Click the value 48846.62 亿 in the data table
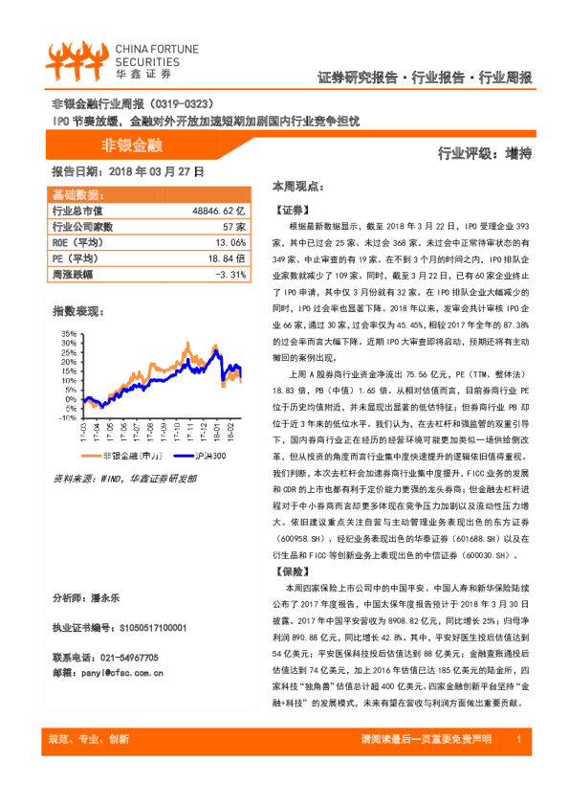[x=219, y=210]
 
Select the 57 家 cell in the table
[x=234, y=227]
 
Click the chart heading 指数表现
[x=76, y=310]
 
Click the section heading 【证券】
[x=292, y=209]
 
